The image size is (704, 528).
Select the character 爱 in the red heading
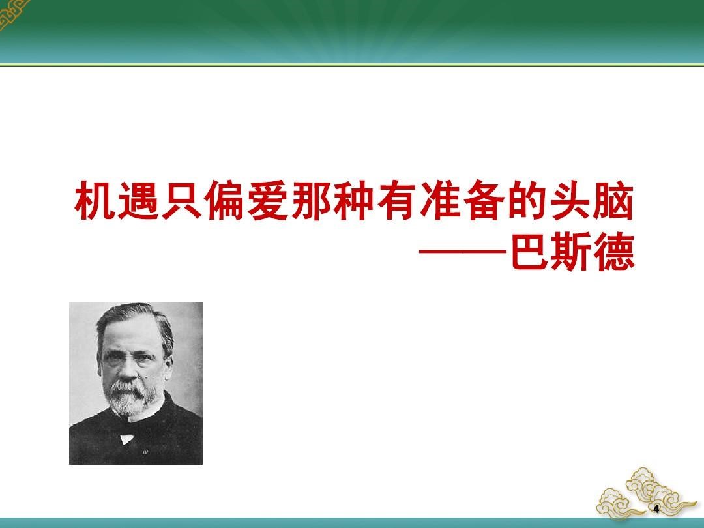(x=268, y=200)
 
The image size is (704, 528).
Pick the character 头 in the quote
(x=570, y=200)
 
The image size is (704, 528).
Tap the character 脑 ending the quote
(x=613, y=200)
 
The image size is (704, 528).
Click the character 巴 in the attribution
(x=530, y=252)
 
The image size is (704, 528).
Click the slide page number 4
(x=656, y=509)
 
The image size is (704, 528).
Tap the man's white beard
(x=130, y=398)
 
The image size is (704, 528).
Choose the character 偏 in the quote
(x=224, y=200)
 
